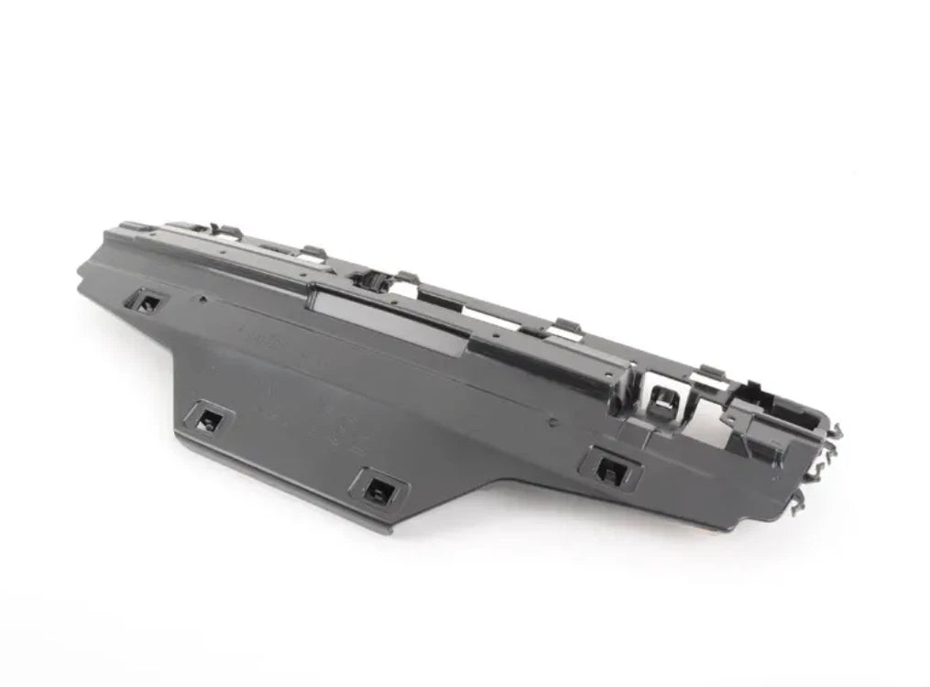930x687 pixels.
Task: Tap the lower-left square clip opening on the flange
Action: pyautogui.click(x=207, y=420)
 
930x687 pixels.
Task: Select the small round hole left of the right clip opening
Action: pyautogui.click(x=553, y=423)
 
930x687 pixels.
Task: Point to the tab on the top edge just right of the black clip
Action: pyautogui.click(x=409, y=277)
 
